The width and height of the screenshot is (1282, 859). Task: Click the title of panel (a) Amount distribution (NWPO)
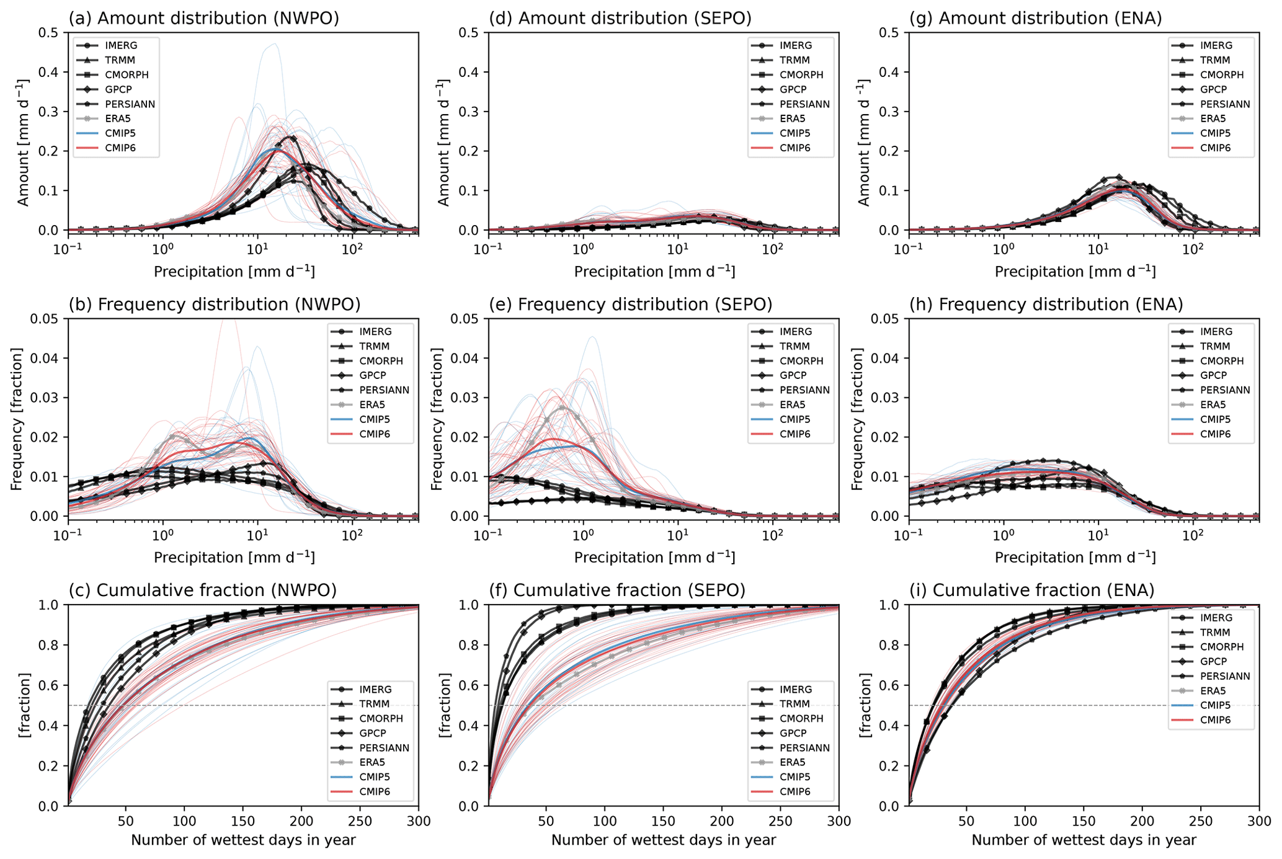(x=203, y=19)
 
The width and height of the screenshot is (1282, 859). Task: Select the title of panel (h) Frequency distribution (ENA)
(x=1046, y=305)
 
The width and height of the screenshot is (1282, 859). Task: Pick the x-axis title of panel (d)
(x=654, y=272)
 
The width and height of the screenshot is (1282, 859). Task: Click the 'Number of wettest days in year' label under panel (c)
(x=243, y=840)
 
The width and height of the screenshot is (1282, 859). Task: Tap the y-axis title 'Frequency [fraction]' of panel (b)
(x=17, y=419)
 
